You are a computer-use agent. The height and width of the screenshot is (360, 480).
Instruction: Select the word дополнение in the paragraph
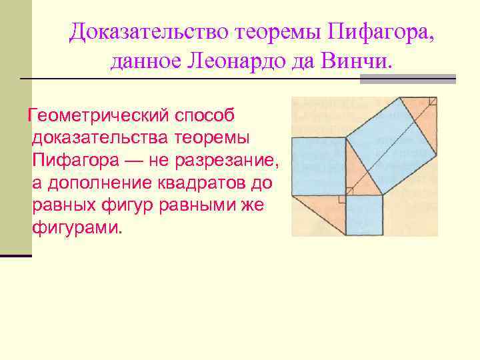(x=105, y=183)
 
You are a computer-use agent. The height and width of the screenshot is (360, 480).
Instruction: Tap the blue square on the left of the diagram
(x=318, y=167)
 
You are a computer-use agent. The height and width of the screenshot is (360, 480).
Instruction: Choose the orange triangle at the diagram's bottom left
(x=320, y=210)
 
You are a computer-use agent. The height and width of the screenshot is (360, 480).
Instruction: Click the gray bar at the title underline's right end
(x=407, y=79)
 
